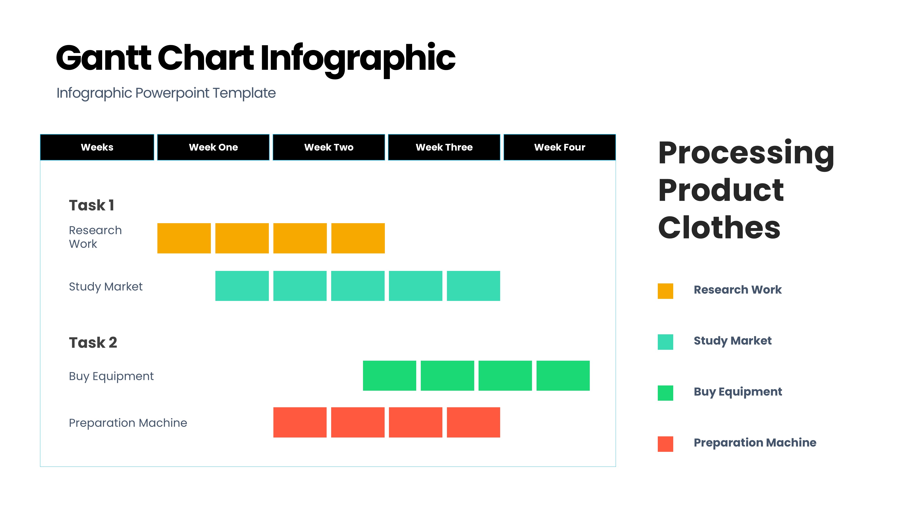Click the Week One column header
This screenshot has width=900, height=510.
[213, 147]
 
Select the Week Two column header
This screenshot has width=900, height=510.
[329, 147]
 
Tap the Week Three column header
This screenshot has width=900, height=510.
[444, 147]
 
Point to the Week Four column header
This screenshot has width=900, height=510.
[560, 147]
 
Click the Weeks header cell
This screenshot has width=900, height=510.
[97, 147]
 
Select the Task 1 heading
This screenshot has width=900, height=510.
[91, 205]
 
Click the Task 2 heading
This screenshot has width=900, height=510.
[93, 342]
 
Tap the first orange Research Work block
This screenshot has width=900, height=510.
[184, 238]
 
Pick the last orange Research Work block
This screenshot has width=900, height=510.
[358, 238]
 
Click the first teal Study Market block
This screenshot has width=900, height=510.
[242, 286]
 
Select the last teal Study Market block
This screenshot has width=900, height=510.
[474, 286]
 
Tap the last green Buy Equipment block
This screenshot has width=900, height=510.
[563, 375]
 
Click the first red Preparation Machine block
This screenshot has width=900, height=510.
[300, 422]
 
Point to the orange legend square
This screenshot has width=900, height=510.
[665, 291]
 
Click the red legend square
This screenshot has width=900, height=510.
[665, 444]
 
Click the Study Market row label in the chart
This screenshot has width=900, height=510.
[106, 287]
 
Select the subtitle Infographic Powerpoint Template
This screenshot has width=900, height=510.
[166, 93]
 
